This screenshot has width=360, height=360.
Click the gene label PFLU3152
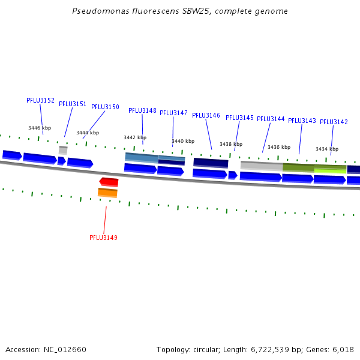40,100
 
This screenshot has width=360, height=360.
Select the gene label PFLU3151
73,104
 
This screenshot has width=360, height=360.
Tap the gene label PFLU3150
105,107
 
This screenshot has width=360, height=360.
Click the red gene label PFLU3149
103,238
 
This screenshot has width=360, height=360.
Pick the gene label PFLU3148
142,110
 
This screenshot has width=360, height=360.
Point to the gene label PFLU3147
173,113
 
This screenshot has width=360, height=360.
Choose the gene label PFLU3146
206,115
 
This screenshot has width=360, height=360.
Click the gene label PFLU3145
239,118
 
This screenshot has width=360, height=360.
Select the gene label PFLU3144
271,119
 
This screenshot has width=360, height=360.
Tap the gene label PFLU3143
302,121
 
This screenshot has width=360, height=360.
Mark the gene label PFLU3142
334,122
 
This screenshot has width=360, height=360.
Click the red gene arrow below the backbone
109,182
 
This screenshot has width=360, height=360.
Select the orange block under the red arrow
107,193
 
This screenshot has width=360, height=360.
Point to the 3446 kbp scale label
40,128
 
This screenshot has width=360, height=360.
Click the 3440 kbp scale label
183,141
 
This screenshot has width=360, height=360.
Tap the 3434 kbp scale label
327,149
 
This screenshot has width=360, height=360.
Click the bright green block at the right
330,170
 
